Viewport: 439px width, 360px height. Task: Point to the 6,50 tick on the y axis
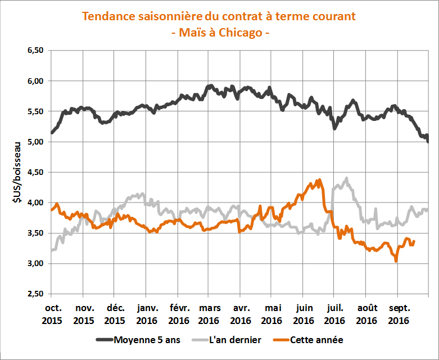(x=34, y=51)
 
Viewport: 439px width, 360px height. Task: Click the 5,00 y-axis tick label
(x=34, y=142)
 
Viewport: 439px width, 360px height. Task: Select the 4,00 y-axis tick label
(x=34, y=202)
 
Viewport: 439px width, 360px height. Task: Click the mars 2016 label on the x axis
(x=209, y=314)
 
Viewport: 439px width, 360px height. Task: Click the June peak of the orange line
(x=320, y=180)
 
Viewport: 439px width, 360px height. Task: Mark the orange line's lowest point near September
(x=396, y=261)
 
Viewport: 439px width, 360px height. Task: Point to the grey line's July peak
(x=346, y=178)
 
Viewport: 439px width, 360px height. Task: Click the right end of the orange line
(x=414, y=241)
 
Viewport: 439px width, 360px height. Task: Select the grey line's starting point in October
(x=52, y=250)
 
